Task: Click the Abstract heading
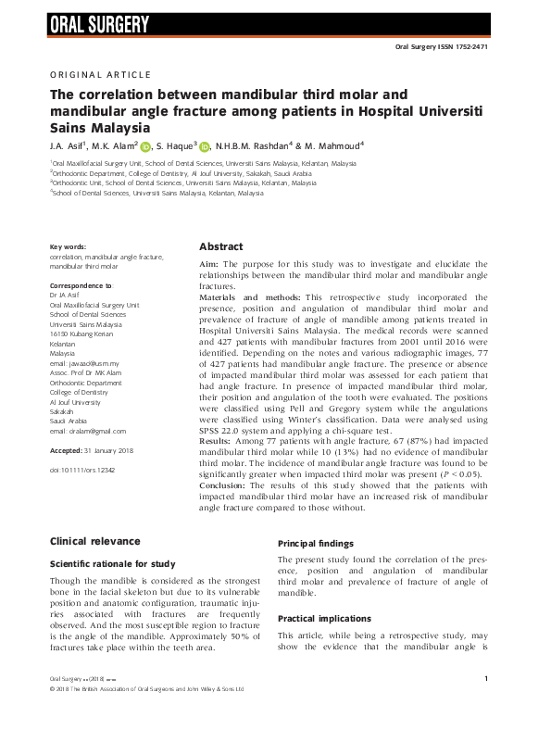coord(221,247)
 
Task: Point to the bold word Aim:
coord(211,264)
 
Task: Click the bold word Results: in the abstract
coord(221,442)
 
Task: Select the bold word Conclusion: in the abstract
coord(229,484)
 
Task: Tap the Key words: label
coord(68,246)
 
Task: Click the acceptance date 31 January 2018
coord(114,450)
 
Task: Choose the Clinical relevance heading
coord(94,541)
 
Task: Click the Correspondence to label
coord(81,286)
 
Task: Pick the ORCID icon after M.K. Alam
coord(145,146)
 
